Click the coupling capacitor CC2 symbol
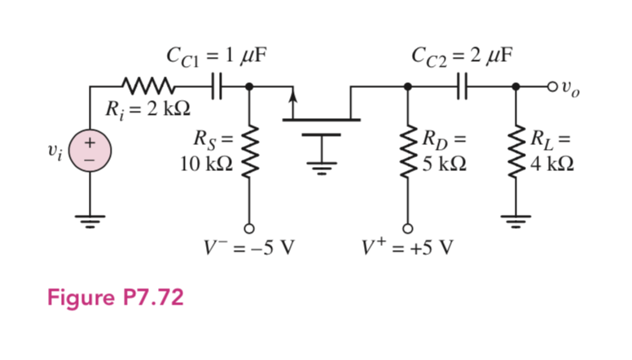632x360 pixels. [463, 85]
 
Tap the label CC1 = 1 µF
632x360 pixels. [216, 56]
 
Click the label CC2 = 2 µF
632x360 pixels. [463, 56]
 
